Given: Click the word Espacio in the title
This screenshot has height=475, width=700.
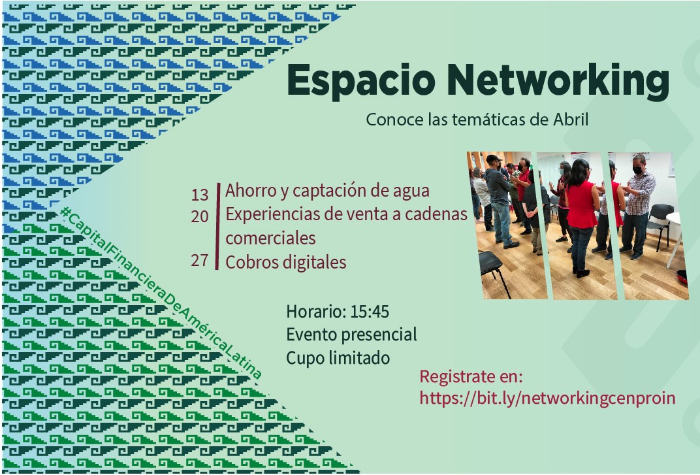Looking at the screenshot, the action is pyautogui.click(x=361, y=80).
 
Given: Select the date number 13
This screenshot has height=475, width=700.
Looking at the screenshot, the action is pyautogui.click(x=200, y=195).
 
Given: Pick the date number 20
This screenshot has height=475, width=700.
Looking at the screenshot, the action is pyautogui.click(x=200, y=216).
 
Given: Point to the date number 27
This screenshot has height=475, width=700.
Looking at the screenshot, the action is pyautogui.click(x=200, y=260).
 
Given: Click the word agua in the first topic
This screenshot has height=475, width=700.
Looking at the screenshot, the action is pyautogui.click(x=411, y=191).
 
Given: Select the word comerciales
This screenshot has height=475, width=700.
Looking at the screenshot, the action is pyautogui.click(x=270, y=238).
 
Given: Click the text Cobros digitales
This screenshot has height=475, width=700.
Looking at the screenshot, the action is pyautogui.click(x=286, y=262).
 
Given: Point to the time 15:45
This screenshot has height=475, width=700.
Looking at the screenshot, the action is pyautogui.click(x=370, y=312).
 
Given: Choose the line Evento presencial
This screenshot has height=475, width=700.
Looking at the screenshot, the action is pyautogui.click(x=352, y=335).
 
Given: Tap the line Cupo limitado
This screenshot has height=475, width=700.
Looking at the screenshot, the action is pyautogui.click(x=338, y=358).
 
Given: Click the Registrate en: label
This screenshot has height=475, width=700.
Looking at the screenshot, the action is pyautogui.click(x=471, y=377).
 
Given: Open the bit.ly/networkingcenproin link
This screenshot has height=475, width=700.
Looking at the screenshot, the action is pyautogui.click(x=547, y=398).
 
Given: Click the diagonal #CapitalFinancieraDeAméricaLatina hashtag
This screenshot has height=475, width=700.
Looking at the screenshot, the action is pyautogui.click(x=161, y=293).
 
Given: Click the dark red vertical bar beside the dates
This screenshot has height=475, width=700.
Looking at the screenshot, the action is pyautogui.click(x=217, y=226).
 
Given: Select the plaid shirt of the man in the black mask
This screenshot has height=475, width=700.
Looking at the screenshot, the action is pyautogui.click(x=641, y=193).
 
